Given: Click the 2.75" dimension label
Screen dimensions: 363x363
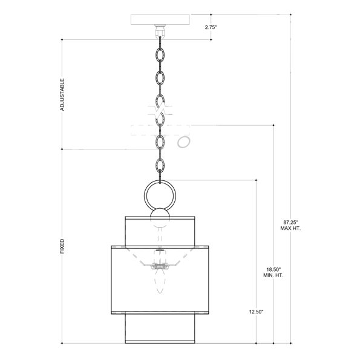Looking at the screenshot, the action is (211, 27).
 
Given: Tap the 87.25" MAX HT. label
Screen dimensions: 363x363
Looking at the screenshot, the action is (290, 225).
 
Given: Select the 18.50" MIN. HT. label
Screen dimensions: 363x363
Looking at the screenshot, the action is (273, 272).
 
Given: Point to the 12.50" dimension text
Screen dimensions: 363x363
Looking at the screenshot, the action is (257, 312).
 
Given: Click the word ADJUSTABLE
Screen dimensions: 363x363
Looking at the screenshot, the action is (62, 94).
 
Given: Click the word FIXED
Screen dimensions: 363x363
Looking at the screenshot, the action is (62, 246).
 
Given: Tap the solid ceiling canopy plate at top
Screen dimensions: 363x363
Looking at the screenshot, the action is (160, 20).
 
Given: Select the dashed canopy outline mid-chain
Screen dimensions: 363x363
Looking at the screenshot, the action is (160, 130).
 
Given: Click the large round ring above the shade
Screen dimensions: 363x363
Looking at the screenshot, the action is (160, 181).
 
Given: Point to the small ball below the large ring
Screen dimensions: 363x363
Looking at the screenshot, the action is (160, 218).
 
